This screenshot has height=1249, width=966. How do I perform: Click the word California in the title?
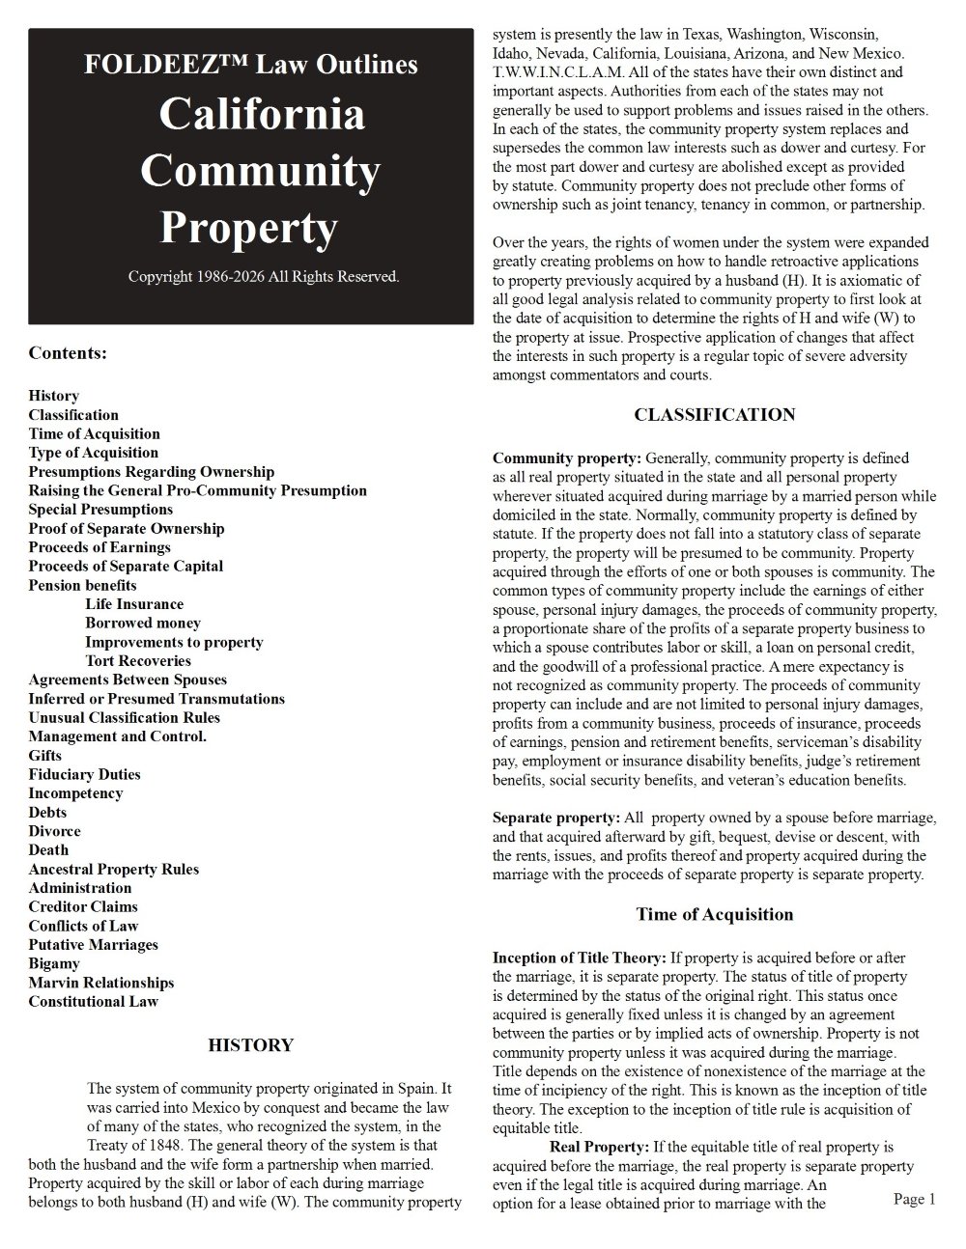pos(262,115)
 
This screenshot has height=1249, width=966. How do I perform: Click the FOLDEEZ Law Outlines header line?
pos(251,65)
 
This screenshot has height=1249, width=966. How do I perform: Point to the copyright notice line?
pos(264,277)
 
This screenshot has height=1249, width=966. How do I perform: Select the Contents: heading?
pos(68,353)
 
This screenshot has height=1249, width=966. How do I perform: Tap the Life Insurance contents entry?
pos(134,604)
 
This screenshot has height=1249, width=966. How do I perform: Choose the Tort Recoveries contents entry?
pos(138,661)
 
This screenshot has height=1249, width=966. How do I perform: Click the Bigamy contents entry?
pos(54,963)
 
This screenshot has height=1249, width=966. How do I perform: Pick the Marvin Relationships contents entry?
pos(101,983)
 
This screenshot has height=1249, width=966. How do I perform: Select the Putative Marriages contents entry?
pos(93,945)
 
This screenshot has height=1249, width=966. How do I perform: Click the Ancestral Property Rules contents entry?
pos(114,869)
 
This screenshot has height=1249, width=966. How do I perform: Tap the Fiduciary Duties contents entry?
pos(84,774)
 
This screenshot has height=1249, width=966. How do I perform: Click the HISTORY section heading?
pos(251,1045)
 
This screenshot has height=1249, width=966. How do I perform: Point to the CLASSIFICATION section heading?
pos(715,415)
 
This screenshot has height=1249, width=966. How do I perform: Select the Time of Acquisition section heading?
pos(715,914)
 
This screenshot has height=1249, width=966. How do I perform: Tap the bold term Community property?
pos(567,458)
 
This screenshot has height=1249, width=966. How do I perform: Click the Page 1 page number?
pos(915,1199)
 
